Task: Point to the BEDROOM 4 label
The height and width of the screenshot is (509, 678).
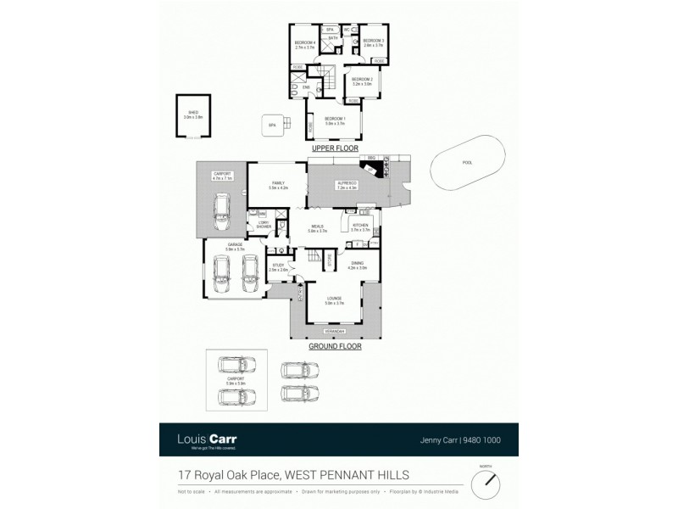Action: pyautogui.click(x=304, y=43)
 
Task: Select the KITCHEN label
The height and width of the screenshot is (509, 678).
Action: pyautogui.click(x=360, y=227)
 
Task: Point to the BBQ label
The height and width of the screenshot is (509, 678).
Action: pyautogui.click(x=370, y=159)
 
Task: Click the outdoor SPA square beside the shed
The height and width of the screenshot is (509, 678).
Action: pyautogui.click(x=272, y=125)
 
